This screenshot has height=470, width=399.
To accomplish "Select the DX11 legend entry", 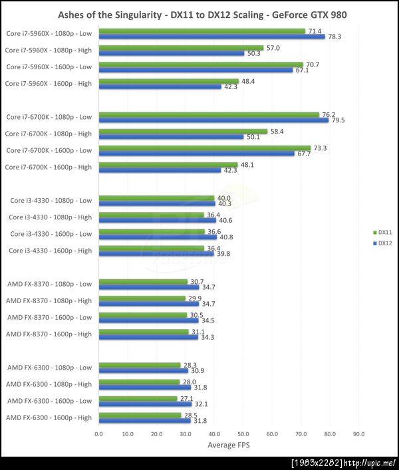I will (x=381, y=233).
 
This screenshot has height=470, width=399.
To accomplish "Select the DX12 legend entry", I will (x=381, y=243).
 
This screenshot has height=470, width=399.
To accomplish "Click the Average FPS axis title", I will (x=229, y=445).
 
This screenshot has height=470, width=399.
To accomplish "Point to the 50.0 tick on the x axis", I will (x=243, y=434).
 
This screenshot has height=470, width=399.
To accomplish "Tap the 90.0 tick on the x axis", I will (x=358, y=434).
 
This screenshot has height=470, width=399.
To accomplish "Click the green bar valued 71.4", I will (x=201, y=31).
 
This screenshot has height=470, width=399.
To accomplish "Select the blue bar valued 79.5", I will (x=213, y=120).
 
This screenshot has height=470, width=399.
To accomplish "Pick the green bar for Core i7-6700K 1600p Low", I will (x=204, y=148).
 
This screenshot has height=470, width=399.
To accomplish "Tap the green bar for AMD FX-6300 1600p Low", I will (x=138, y=398).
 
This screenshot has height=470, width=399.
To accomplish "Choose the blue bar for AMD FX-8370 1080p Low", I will (x=148, y=287).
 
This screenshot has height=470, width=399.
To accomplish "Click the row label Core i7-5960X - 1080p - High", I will (x=49, y=50).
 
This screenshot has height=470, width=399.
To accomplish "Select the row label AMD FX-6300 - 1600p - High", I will (x=49, y=417).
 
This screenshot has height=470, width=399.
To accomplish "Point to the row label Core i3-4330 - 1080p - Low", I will (x=51, y=200).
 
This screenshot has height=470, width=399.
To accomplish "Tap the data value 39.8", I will (x=223, y=253).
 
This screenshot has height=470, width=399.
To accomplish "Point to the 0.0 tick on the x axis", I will (x=98, y=434).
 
